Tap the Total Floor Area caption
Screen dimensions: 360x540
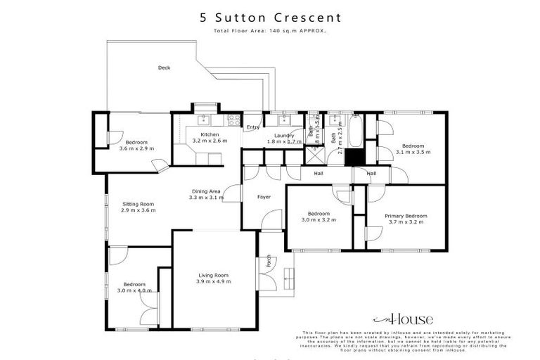point(269,31)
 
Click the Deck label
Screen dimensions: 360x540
point(164,67)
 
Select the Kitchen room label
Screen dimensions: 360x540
point(210,134)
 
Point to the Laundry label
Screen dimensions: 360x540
point(284,134)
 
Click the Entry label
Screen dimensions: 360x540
point(252,127)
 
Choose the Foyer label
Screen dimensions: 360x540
point(264,197)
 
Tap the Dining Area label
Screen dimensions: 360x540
point(206,191)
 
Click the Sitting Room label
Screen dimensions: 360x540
point(137,204)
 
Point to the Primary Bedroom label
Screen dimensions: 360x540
point(406,216)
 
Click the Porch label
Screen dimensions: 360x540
point(269,264)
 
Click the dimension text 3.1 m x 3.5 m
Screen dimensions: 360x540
point(413,151)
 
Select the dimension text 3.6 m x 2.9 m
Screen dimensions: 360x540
point(136,148)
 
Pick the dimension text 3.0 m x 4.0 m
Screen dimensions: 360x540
point(135,290)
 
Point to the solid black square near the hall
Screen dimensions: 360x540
point(352,157)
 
